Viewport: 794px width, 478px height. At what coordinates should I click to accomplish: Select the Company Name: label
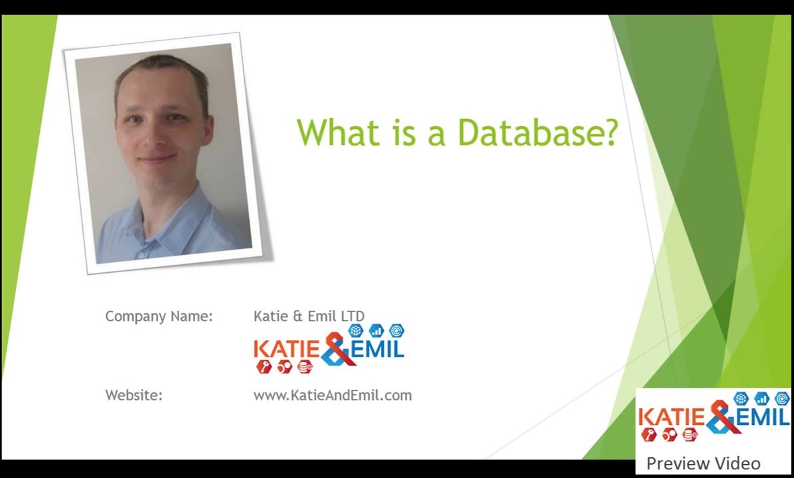click(x=159, y=317)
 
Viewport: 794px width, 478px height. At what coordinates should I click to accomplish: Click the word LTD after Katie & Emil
click(x=353, y=317)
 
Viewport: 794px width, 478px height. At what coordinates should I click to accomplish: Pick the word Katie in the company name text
click(x=271, y=317)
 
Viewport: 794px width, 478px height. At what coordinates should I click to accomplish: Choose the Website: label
click(x=133, y=396)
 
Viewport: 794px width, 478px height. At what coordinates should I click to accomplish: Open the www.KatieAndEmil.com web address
click(x=332, y=396)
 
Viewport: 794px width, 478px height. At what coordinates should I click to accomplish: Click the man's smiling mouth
click(x=157, y=159)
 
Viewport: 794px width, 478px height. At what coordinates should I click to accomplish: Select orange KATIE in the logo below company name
click(x=287, y=349)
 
